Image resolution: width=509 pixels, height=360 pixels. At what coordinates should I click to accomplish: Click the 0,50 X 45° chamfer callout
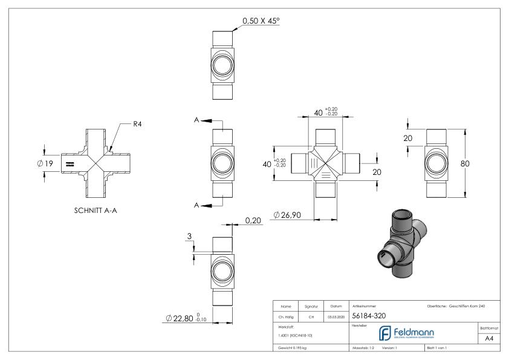261,21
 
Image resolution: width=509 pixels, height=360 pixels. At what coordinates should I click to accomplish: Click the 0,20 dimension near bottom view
252,221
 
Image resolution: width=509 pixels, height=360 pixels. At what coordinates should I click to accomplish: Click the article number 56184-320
371,315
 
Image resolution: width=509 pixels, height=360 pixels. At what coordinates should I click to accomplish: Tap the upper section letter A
197,120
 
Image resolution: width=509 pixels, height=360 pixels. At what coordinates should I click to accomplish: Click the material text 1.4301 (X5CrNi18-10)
296,335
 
